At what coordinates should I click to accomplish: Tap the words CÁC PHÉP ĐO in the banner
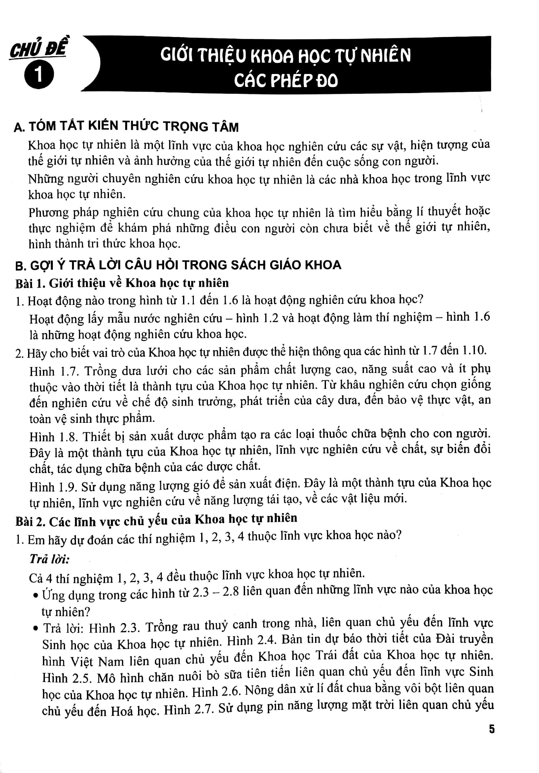[285, 81]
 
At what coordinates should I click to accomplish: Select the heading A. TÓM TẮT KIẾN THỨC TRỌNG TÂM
[126, 126]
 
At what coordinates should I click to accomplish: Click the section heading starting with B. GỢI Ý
[178, 265]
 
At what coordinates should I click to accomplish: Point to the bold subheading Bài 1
[122, 282]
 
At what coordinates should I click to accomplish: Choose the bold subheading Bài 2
[156, 521]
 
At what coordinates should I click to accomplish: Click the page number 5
[492, 730]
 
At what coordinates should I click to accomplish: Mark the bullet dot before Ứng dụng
[36, 596]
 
